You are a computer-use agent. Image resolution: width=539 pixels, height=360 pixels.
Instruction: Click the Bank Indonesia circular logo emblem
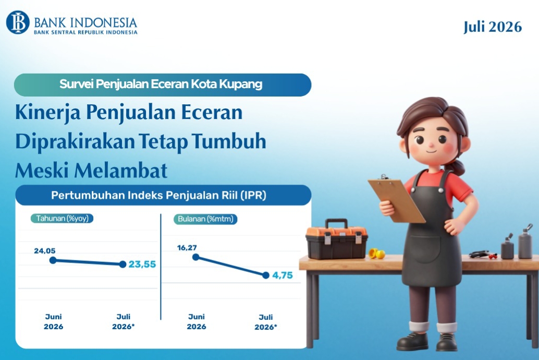tap(18, 22)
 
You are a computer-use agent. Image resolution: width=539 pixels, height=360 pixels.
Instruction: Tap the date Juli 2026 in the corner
tap(493, 27)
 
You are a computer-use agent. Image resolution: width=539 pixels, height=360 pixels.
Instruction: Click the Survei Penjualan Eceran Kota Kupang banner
tap(163, 85)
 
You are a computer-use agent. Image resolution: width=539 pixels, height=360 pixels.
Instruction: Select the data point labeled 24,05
tap(53, 260)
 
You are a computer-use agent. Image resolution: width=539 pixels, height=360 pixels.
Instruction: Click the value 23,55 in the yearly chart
tap(142, 264)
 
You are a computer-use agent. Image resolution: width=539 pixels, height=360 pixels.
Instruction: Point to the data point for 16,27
tap(196, 257)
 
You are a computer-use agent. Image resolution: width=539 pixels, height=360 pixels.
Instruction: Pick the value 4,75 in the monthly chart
tap(283, 275)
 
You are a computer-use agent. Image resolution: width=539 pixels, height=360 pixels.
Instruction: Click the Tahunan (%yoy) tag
tap(62, 219)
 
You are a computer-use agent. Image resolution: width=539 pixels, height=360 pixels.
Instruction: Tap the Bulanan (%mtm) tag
tap(205, 219)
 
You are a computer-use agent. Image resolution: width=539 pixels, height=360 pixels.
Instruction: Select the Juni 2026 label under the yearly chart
tap(53, 321)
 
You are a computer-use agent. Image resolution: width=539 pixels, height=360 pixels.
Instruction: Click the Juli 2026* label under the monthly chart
tap(266, 322)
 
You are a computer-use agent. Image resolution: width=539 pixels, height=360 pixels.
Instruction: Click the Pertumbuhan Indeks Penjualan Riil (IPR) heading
tap(159, 196)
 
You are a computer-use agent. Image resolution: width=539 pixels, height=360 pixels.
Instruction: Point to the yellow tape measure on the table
tap(377, 254)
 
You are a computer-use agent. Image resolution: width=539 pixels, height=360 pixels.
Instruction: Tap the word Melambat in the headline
tap(121, 171)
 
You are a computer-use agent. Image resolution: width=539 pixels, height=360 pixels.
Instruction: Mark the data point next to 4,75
tap(266, 275)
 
